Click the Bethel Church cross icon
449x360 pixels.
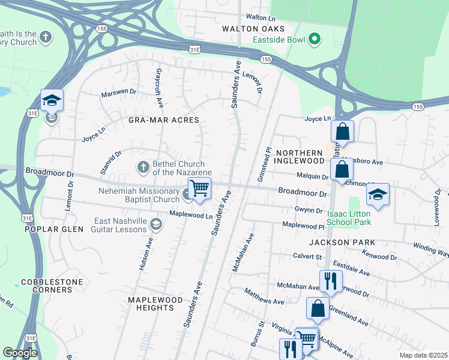[x=143, y=166]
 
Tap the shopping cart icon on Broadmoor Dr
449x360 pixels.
[x=199, y=188]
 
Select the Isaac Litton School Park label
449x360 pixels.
[x=349, y=217]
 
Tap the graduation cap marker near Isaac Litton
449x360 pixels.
[x=378, y=194]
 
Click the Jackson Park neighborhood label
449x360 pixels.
[x=342, y=242]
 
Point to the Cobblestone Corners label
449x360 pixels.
[x=47, y=286]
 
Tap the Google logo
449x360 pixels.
[x=20, y=353]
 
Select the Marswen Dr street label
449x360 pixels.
[x=118, y=93]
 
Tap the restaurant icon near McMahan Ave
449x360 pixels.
[x=331, y=280]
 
